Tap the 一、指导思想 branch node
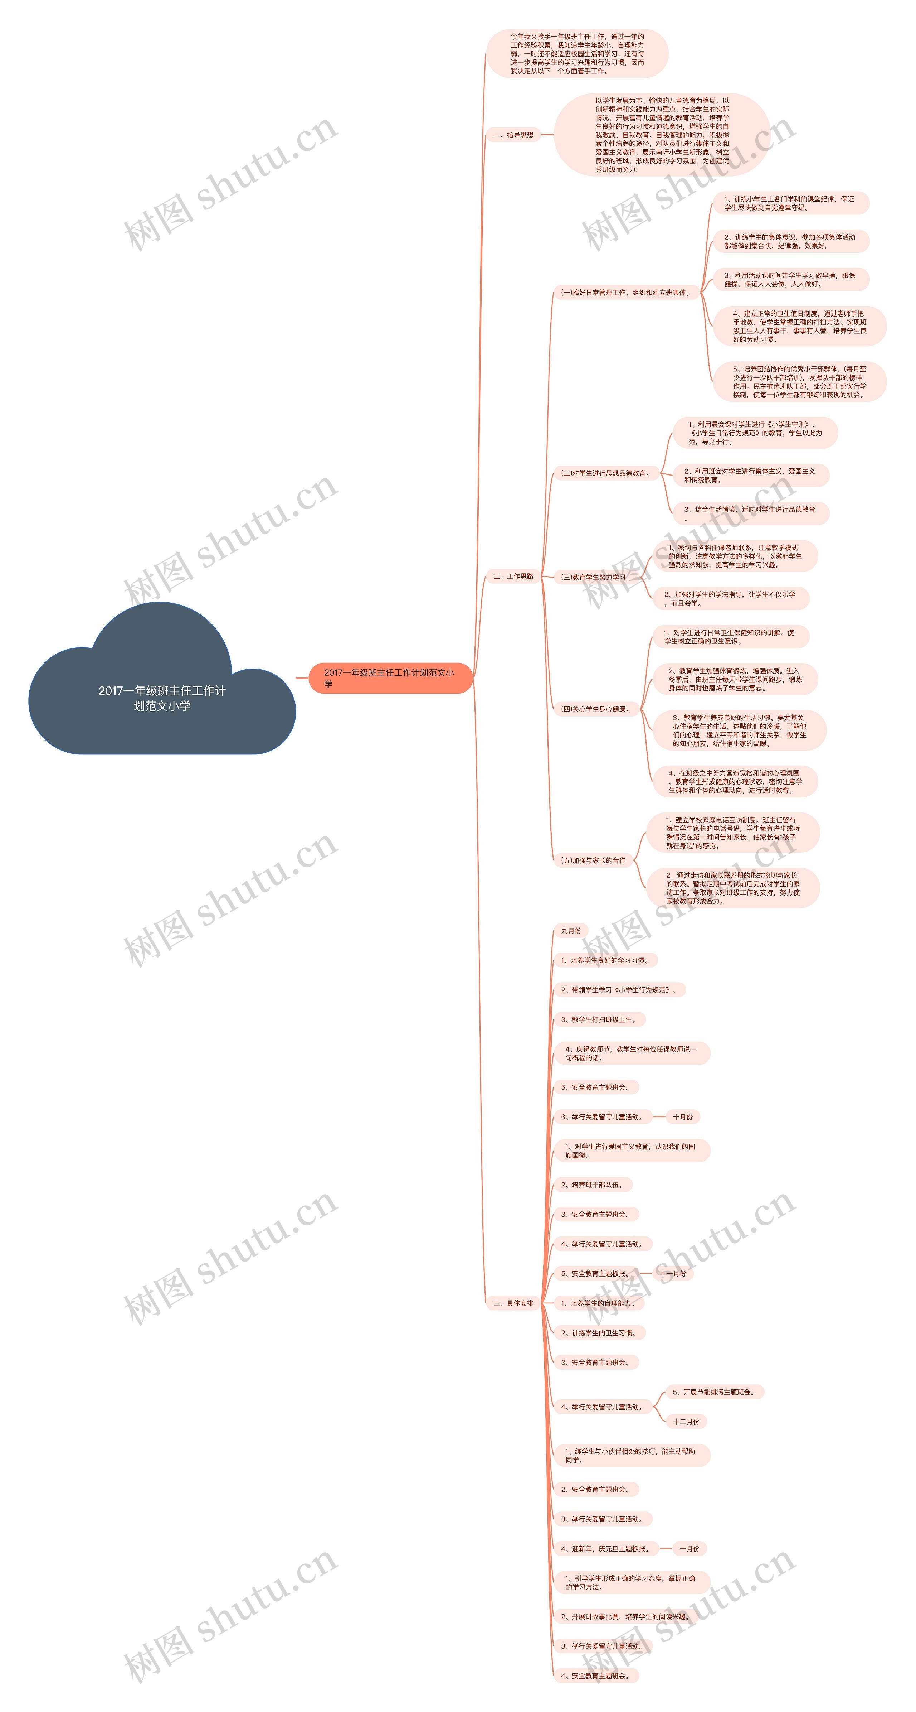pos(513,135)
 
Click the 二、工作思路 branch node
pos(513,576)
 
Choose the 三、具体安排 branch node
pos(513,1303)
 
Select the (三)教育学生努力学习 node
pos(594,577)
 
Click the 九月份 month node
pos(571,930)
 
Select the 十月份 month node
pos(682,1117)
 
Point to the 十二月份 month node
pos(686,1422)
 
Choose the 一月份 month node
pos(689,1548)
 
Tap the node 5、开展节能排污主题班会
pos(714,1392)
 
